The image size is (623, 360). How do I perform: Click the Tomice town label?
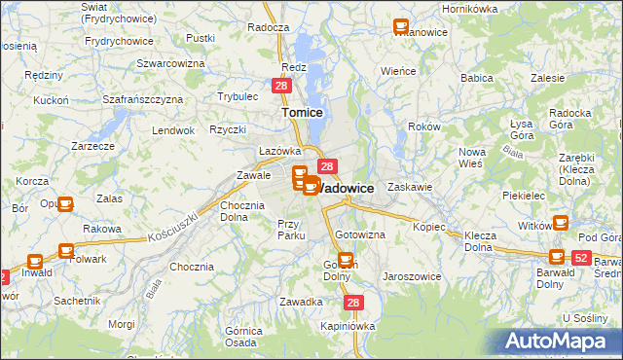pyautogui.click(x=302, y=112)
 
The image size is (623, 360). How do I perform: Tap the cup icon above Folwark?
pyautogui.click(x=66, y=250)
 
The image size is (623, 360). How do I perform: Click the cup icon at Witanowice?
pyautogui.click(x=400, y=26)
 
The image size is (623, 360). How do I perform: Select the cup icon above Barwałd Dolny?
pyautogui.click(x=557, y=256)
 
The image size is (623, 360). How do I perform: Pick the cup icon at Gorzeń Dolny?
pyautogui.click(x=345, y=259)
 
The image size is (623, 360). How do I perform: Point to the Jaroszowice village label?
pyautogui.click(x=411, y=276)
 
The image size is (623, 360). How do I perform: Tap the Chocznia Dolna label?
pyautogui.click(x=242, y=211)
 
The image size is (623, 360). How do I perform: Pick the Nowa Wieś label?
pyautogui.click(x=472, y=157)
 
